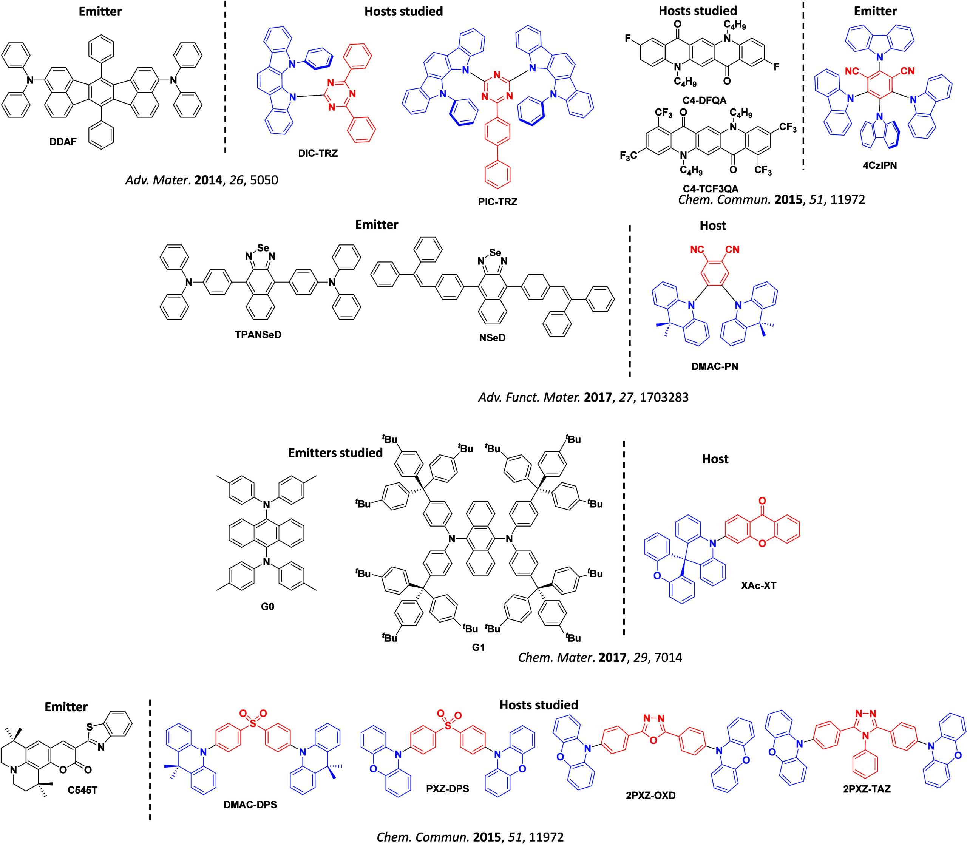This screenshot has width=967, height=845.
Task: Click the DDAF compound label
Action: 63,141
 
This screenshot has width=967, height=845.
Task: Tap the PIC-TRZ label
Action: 497,202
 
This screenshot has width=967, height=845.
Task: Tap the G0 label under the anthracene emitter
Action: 267,606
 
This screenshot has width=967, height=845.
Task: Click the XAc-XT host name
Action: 758,587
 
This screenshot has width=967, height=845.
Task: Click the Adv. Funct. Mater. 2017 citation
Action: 583,397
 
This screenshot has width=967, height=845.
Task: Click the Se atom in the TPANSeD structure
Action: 263,247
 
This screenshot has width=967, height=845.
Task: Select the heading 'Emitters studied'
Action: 335,453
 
